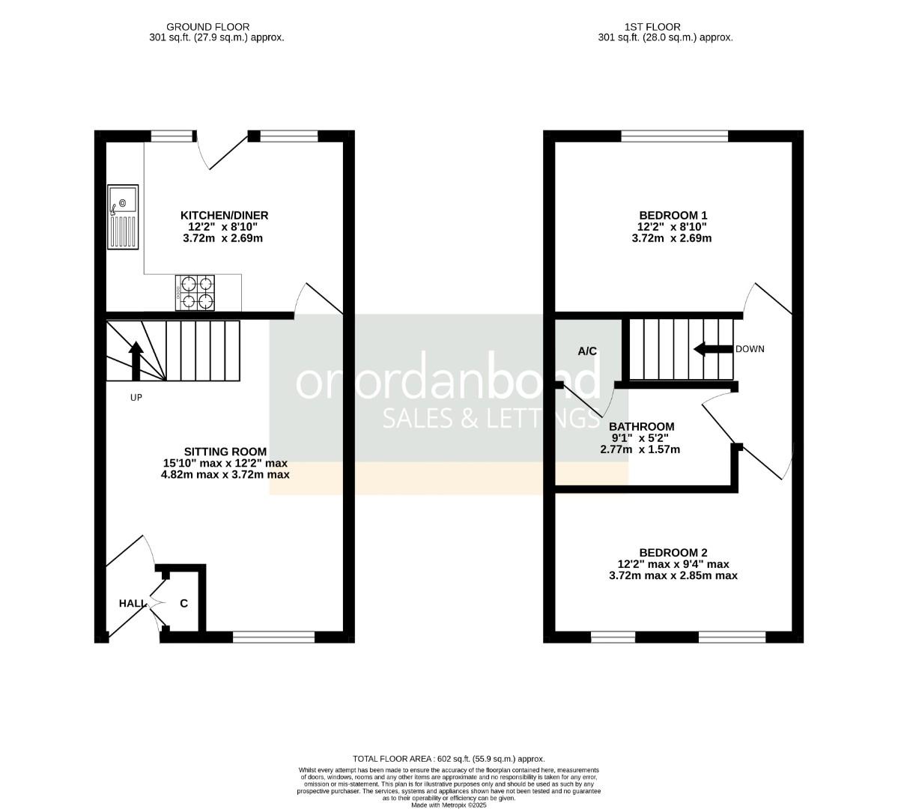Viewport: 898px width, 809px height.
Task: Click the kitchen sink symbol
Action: click(x=124, y=217)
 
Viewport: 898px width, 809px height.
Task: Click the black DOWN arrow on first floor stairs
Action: click(x=712, y=349)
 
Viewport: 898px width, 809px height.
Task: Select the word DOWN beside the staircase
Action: click(x=750, y=349)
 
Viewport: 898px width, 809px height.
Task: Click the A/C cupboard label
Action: click(x=586, y=351)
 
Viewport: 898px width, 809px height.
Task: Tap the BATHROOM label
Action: click(x=641, y=427)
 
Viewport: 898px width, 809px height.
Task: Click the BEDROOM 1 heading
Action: click(x=673, y=215)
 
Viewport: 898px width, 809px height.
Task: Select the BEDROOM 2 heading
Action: click(x=673, y=552)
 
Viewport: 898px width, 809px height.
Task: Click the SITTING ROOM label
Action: click(x=225, y=452)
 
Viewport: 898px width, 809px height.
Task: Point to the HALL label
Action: click(x=132, y=603)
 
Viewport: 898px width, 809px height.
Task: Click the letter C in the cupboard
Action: click(x=183, y=603)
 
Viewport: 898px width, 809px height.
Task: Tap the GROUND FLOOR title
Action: click(x=197, y=27)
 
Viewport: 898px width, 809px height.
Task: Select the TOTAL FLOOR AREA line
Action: click(x=449, y=759)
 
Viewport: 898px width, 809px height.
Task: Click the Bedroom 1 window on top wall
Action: click(x=674, y=136)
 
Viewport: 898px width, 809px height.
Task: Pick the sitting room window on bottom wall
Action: click(x=273, y=637)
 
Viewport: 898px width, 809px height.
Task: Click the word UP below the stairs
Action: click(x=136, y=398)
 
